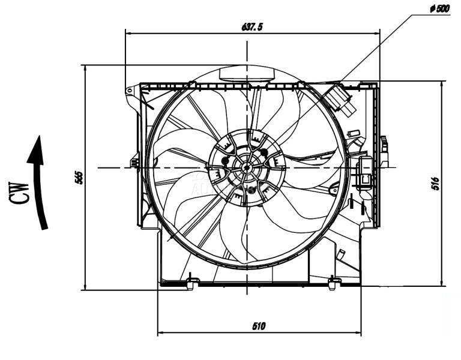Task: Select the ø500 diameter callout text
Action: tap(439, 8)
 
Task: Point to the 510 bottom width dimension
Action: tap(259, 326)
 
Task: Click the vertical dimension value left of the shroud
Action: tap(79, 177)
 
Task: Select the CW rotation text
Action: tap(20, 193)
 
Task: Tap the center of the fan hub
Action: tap(247, 167)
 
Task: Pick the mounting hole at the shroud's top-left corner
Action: tap(129, 91)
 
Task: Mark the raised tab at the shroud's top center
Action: tap(246, 74)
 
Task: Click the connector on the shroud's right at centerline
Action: tap(364, 169)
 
